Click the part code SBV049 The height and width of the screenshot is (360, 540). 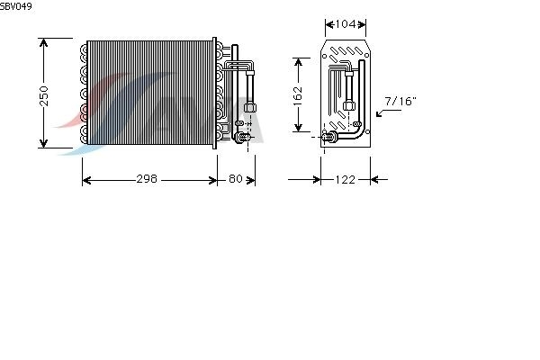[16, 6]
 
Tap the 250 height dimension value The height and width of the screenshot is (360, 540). [44, 96]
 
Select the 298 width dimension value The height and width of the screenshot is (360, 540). [147, 179]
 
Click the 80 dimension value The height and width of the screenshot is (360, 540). [236, 179]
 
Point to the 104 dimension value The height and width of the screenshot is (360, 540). [346, 24]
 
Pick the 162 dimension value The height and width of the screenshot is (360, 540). [298, 94]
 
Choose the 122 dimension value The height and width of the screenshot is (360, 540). [345, 179]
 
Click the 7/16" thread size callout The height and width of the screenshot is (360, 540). [400, 102]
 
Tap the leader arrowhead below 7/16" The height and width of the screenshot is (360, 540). [379, 113]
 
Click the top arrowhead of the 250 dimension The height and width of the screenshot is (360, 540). [43, 42]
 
